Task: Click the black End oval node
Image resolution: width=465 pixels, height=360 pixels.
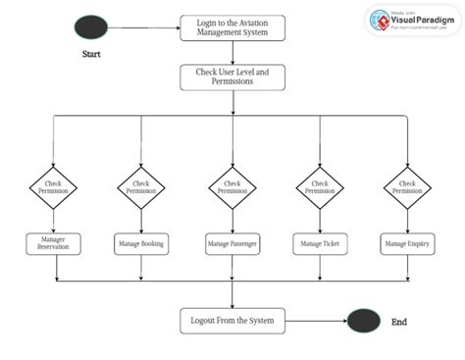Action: [363, 320]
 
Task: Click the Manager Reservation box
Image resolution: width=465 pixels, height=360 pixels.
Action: [52, 242]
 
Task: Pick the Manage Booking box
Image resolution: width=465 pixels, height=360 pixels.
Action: [141, 242]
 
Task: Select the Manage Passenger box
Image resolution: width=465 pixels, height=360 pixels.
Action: [232, 242]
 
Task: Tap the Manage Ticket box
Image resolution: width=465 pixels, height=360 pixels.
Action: [320, 242]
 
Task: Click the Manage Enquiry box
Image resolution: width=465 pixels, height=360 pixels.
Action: [407, 242]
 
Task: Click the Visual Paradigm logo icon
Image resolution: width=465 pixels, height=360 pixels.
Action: [383, 21]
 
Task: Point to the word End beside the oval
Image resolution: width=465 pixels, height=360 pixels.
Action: [398, 321]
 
